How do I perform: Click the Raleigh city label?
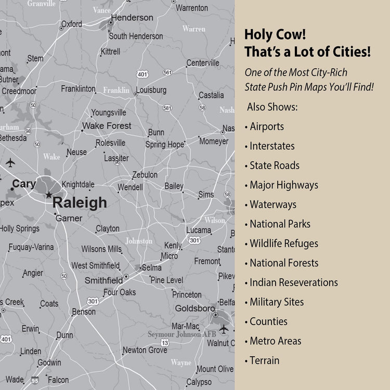[80, 203]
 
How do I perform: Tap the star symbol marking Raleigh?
[48, 195]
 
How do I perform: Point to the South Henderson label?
[136, 36]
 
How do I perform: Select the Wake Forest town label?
[107, 126]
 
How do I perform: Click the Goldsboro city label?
[194, 308]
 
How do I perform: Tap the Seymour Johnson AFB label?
[174, 334]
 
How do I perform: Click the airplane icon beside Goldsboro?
[224, 329]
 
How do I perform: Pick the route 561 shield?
[167, 72]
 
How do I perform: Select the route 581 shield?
[167, 108]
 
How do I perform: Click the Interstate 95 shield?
[35, 380]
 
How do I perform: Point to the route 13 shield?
[165, 343]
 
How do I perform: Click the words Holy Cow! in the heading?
[275, 35]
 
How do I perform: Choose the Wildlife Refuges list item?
[283, 243]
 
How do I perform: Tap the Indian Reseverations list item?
[293, 282]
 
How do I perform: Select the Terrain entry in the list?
[264, 360]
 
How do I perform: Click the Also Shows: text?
[272, 107]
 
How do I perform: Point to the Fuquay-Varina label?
[31, 247]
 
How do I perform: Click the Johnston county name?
[139, 241]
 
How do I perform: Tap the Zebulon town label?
[145, 175]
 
